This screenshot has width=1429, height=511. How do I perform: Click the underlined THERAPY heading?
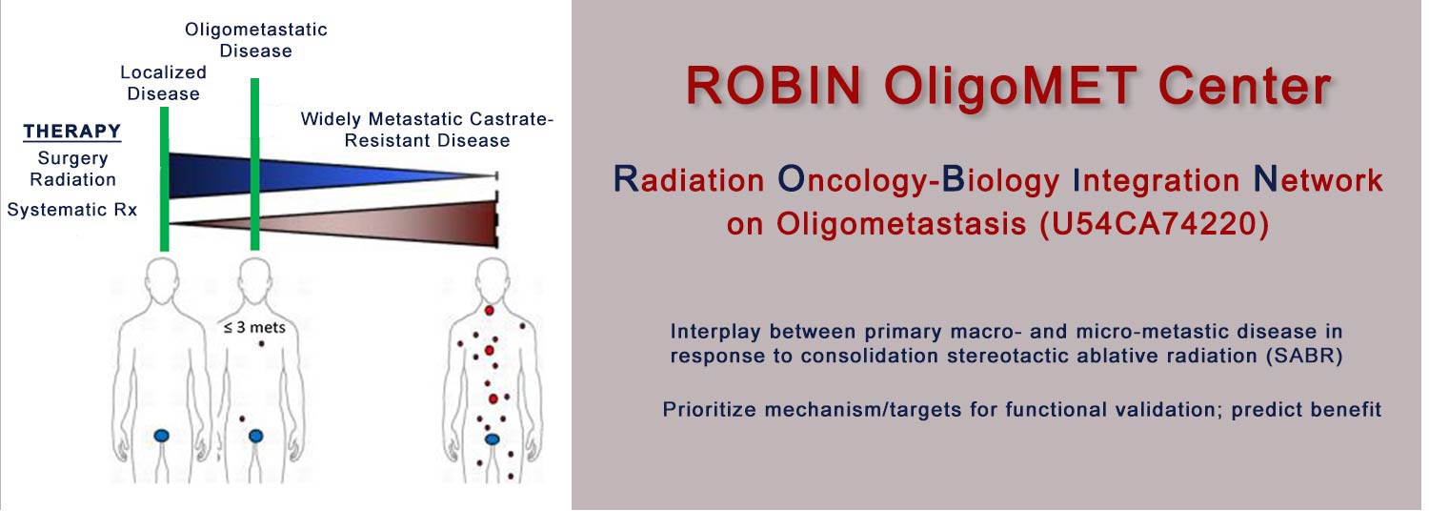(72, 132)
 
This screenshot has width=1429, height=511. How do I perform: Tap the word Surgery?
(72, 158)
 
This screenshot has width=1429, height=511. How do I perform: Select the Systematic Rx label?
(72, 210)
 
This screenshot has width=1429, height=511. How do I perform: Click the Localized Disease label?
(163, 83)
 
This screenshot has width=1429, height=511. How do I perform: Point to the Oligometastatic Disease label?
(256, 40)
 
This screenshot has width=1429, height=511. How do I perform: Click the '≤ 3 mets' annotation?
(254, 328)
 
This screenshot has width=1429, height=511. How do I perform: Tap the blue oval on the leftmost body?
(162, 436)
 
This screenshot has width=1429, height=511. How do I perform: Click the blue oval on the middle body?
(256, 437)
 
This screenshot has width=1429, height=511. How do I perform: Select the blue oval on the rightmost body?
(492, 439)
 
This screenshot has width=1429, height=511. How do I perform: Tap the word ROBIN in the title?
(774, 86)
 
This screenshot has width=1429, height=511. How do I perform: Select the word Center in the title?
(1245, 86)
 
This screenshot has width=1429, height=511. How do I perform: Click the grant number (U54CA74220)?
(1154, 223)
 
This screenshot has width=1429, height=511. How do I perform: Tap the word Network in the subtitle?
(1318, 179)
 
